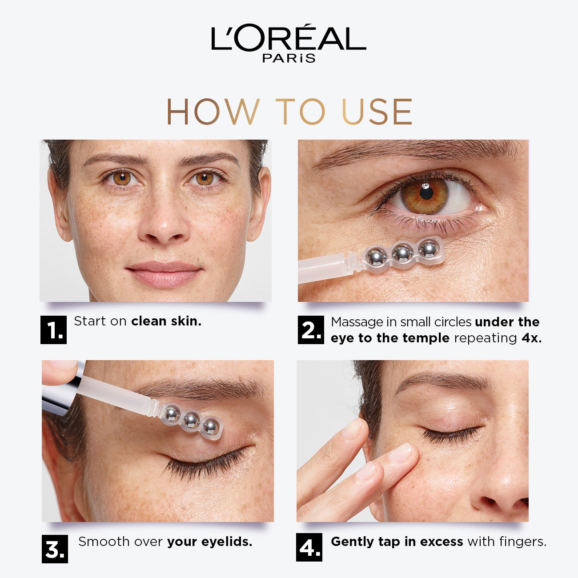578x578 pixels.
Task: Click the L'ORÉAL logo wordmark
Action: [x=288, y=38]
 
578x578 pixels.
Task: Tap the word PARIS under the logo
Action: [x=289, y=58]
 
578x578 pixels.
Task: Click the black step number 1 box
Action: [x=53, y=330]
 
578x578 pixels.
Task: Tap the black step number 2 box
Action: [x=311, y=330]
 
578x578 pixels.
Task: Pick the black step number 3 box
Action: [x=55, y=549]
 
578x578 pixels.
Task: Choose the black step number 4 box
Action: [x=309, y=547]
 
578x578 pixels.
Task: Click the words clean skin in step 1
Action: [x=166, y=321]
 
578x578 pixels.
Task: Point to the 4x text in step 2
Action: [x=531, y=338]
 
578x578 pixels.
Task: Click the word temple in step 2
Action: [x=426, y=338]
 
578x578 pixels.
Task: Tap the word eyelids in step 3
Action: [x=227, y=542]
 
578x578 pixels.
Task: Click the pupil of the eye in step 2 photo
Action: [x=426, y=192]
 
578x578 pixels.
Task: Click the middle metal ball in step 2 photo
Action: [x=402, y=253]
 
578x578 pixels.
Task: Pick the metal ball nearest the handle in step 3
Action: [x=172, y=413]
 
